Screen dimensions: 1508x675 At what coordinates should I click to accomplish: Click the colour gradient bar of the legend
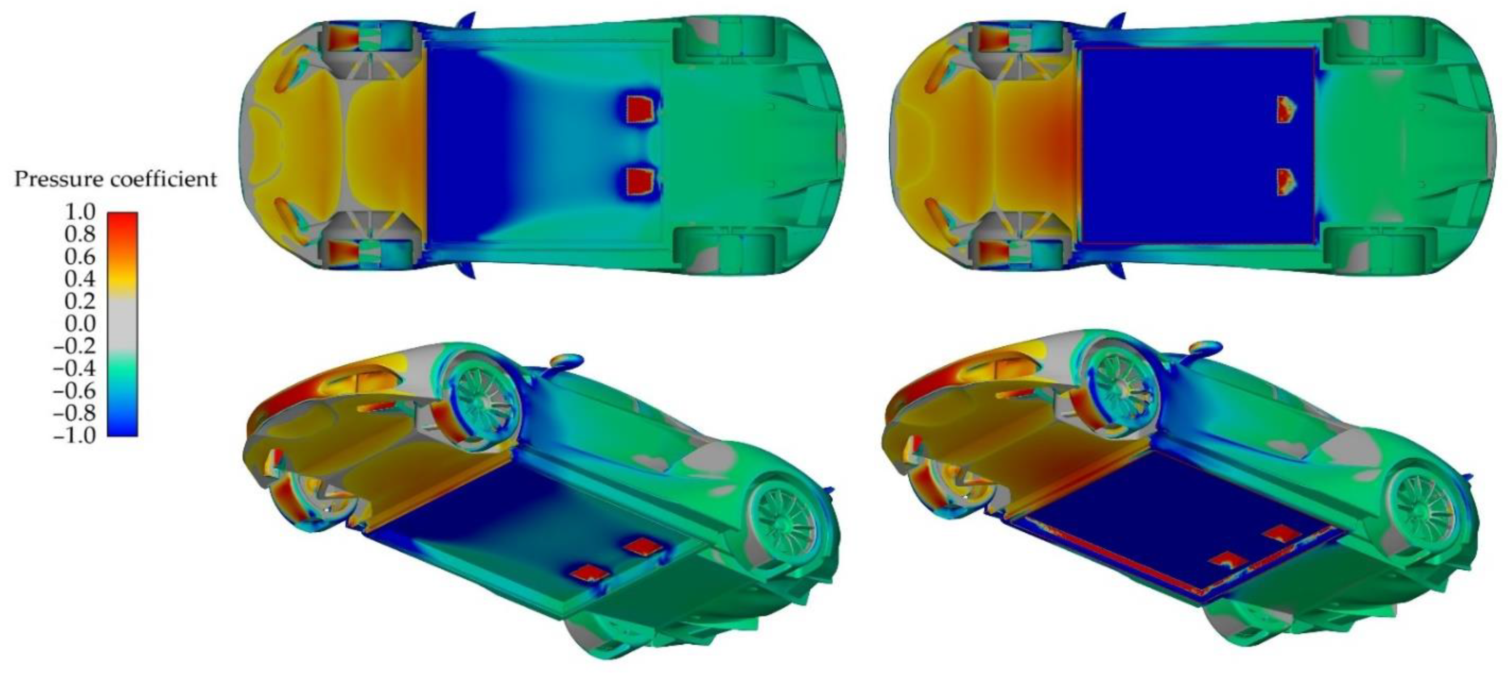[x=122, y=324]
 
